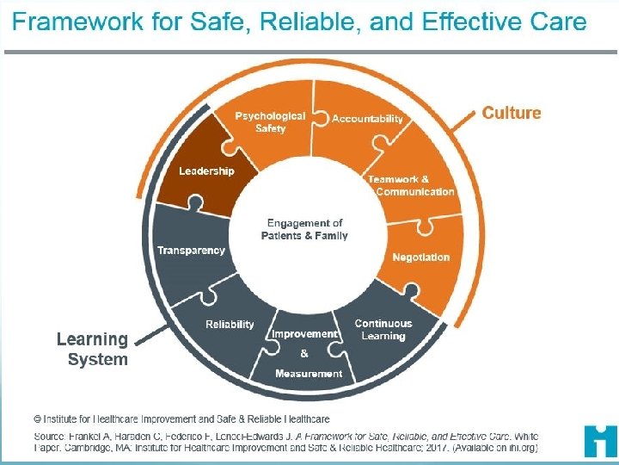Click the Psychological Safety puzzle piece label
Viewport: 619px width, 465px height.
tap(270, 121)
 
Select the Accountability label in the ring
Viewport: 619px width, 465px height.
tap(367, 119)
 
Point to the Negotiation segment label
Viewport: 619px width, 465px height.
tap(420, 257)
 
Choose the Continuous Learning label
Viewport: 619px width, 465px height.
tap(383, 329)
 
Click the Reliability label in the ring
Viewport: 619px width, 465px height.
tap(230, 324)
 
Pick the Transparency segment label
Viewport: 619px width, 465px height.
tap(191, 251)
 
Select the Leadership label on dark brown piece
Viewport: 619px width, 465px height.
tap(206, 171)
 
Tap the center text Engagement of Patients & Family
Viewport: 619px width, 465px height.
tap(304, 229)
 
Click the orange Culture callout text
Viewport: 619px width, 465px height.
tap(512, 113)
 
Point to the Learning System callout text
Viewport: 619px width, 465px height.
tap(93, 350)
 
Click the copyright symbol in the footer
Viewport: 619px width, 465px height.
tap(37, 418)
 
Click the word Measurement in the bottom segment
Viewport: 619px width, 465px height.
tap(309, 373)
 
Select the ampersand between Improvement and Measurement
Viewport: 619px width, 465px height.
tap(304, 353)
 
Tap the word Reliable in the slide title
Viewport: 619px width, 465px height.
tap(313, 22)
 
